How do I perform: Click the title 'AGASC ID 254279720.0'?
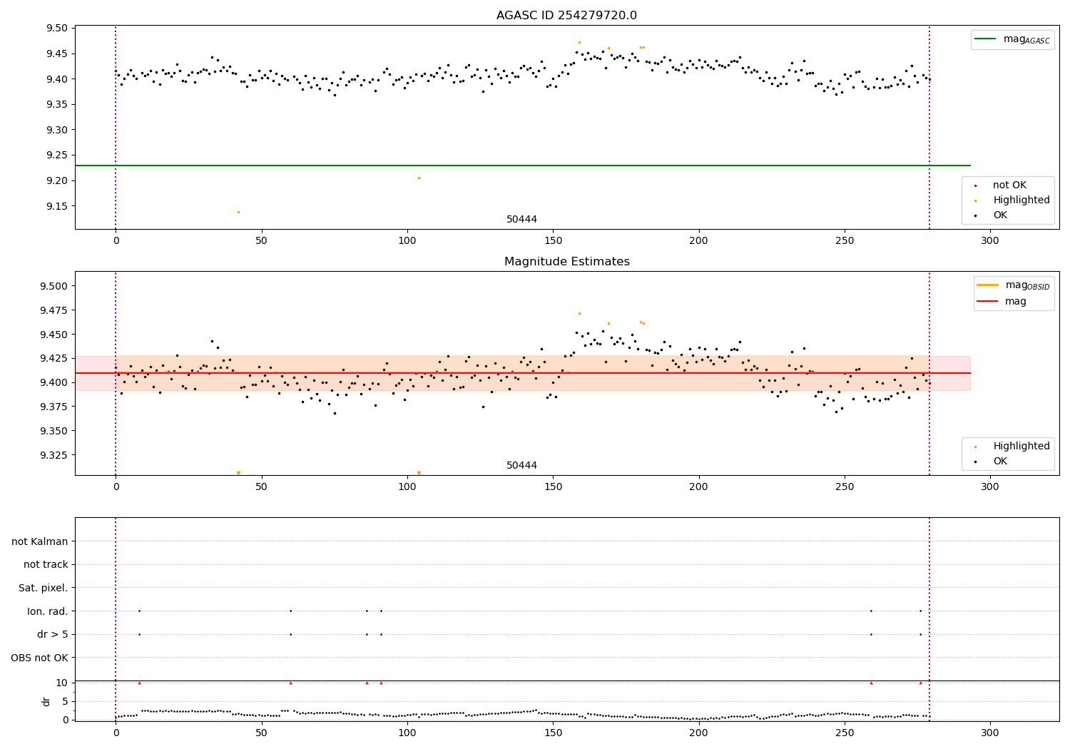pos(566,16)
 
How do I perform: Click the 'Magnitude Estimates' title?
pos(566,262)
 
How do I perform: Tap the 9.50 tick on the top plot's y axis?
pos(57,29)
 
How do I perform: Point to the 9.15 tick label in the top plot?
pos(57,206)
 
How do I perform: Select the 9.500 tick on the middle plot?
pos(54,286)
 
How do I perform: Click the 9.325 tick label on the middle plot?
pos(54,455)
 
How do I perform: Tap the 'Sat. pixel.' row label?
pos(43,588)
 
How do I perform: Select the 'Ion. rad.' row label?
pos(47,611)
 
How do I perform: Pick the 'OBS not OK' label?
pos(40,658)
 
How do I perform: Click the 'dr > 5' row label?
pos(52,634)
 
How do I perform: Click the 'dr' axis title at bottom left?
pos(46,701)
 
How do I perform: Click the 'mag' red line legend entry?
pos(1015,301)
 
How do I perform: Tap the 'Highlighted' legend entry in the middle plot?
pos(1021,447)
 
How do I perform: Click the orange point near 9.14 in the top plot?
pos(238,212)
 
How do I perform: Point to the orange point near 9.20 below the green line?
pos(419,178)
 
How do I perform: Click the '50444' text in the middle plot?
pos(521,466)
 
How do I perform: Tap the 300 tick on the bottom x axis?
pos(990,733)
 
